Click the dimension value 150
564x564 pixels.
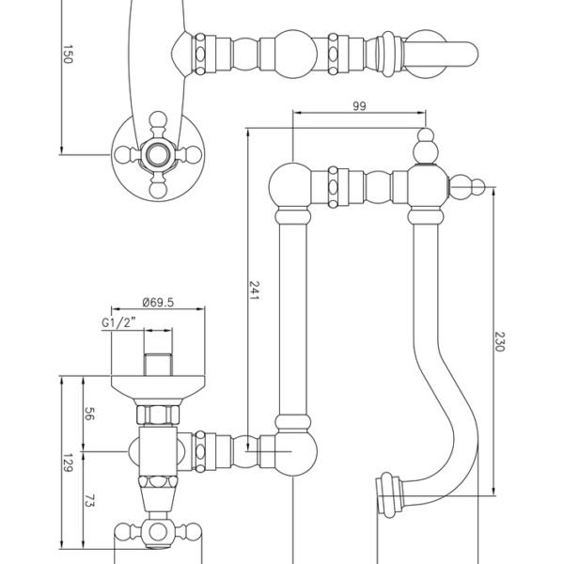pyautogui.click(x=68, y=55)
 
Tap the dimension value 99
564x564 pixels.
pyautogui.click(x=359, y=106)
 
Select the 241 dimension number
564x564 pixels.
pyautogui.click(x=254, y=290)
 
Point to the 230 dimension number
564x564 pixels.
pyautogui.click(x=500, y=341)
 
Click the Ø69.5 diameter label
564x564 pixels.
pyautogui.click(x=158, y=302)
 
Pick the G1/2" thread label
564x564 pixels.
pyautogui.click(x=118, y=322)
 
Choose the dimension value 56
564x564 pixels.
pyautogui.click(x=89, y=414)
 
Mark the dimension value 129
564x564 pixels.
pyautogui.click(x=68, y=462)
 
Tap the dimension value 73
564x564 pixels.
pyautogui.click(x=89, y=500)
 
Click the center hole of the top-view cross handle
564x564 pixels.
pyautogui.click(x=158, y=155)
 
